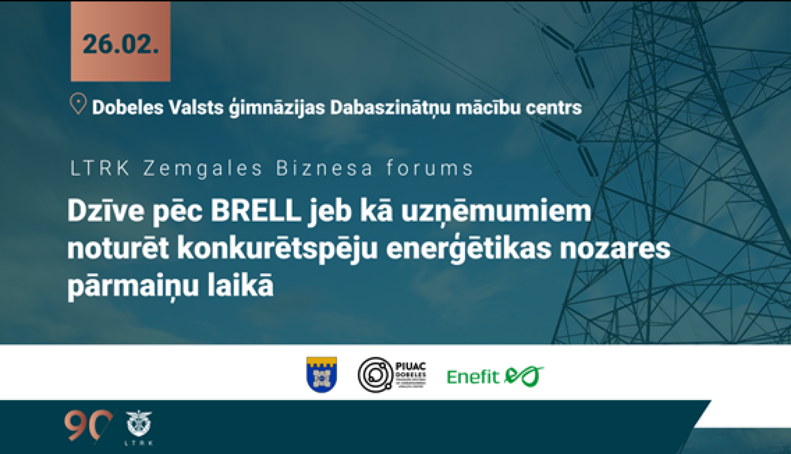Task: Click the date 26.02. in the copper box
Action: pyautogui.click(x=120, y=44)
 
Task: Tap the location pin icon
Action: pyautogui.click(x=78, y=104)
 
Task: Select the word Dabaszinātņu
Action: pyautogui.click(x=390, y=108)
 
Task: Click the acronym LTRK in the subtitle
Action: pyautogui.click(x=100, y=168)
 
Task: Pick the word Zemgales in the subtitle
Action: pyautogui.click(x=203, y=169)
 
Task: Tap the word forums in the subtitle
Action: pyautogui.click(x=430, y=168)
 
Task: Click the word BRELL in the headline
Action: pyautogui.click(x=256, y=211)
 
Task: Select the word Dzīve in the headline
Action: pyautogui.click(x=105, y=211)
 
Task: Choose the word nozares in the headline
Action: pyautogui.click(x=615, y=248)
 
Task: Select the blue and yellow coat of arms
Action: pyautogui.click(x=322, y=374)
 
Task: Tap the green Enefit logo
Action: pyautogui.click(x=495, y=376)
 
